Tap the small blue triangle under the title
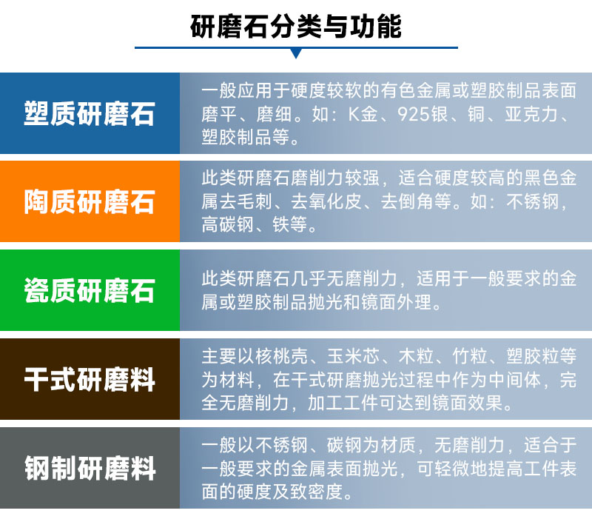[x=296, y=53]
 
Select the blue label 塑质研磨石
[x=90, y=115]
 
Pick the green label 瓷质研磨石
[x=90, y=290]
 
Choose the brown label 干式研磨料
[x=90, y=380]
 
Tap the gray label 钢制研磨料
[x=90, y=469]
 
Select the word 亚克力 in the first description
[x=536, y=115]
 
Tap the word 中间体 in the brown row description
[x=517, y=380]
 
